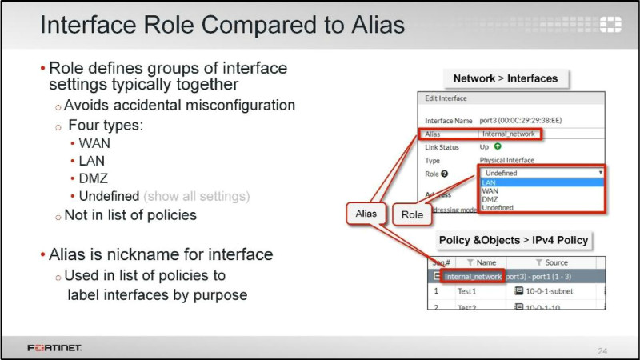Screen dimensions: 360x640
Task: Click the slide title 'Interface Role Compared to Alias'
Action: coord(222,26)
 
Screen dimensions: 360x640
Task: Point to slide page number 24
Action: coord(602,350)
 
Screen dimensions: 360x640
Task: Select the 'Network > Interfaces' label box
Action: coord(505,78)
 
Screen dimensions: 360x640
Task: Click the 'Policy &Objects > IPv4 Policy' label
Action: coord(513,240)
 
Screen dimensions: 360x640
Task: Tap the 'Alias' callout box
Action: coord(366,214)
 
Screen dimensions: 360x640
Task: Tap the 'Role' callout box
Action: coord(412,214)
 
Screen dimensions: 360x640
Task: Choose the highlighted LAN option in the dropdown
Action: coord(489,182)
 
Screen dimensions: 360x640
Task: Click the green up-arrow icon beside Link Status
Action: coord(497,147)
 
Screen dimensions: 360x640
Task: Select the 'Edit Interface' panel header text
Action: coord(446,98)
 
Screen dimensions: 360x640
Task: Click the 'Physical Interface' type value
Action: coord(508,160)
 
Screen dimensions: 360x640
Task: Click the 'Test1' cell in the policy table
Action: coord(466,291)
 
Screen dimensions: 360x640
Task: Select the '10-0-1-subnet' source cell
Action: coord(547,291)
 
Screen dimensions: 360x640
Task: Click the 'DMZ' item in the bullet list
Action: coord(94,178)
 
